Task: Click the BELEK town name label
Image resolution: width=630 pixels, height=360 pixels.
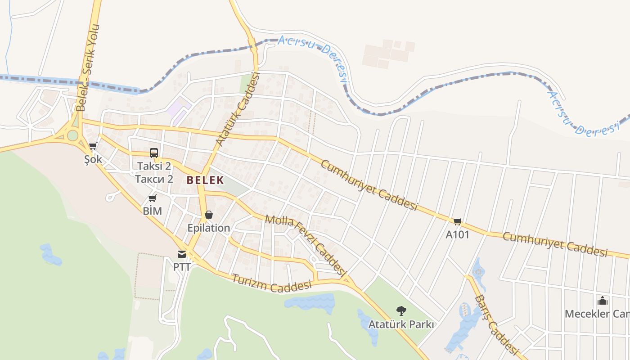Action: (205, 180)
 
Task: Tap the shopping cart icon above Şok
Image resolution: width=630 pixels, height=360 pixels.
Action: (93, 146)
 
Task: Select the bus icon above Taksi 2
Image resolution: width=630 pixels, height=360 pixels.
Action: (154, 153)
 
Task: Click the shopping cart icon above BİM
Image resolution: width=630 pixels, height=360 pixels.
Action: (153, 198)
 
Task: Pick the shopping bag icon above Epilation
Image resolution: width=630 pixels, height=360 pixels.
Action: (209, 215)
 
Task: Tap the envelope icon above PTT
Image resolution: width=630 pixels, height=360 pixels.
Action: (182, 254)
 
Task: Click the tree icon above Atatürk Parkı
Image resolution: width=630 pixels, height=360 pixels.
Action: (401, 310)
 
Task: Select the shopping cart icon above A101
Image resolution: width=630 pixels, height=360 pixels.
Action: (458, 221)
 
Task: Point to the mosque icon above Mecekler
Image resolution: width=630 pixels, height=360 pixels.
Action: (602, 301)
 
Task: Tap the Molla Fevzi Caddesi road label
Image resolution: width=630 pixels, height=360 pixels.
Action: (306, 246)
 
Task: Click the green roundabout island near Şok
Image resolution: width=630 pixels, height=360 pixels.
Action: (72, 135)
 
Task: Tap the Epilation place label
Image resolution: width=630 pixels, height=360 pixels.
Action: (209, 228)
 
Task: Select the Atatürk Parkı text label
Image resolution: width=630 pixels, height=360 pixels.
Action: (401, 324)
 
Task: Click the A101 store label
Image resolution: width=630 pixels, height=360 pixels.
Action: (458, 234)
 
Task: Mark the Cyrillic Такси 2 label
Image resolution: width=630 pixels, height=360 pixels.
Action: (154, 179)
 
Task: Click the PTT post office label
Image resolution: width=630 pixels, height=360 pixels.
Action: (182, 267)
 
